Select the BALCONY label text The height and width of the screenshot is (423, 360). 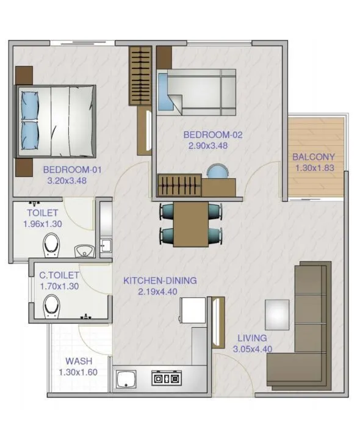point(313,157)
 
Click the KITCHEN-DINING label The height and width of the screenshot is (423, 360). point(160,281)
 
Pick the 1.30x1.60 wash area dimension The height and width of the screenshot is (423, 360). point(78,372)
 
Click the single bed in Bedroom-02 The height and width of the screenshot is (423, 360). point(196,92)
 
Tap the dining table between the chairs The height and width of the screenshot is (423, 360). point(190,223)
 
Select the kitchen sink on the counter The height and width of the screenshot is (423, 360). point(126,379)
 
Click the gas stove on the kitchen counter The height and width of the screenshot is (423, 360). point(166,378)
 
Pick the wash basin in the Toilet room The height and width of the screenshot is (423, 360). point(84,250)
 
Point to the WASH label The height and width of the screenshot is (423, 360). point(78,361)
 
